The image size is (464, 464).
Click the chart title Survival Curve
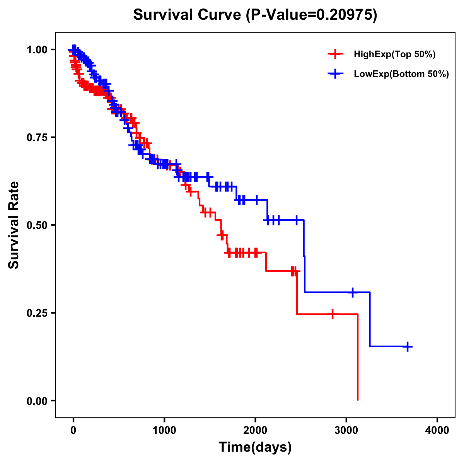(255, 15)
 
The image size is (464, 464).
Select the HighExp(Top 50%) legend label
(394, 55)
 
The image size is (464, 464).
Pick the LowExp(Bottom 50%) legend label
(401, 74)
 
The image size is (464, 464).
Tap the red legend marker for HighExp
(335, 54)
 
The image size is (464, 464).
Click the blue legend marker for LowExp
(335, 74)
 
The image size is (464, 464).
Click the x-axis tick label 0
(73, 430)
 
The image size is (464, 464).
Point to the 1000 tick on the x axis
(164, 430)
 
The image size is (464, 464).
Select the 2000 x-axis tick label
(255, 430)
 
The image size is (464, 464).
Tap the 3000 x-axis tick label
(346, 430)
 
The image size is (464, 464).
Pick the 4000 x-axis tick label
(437, 430)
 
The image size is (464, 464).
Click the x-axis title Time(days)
(255, 447)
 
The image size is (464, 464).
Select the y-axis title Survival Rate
(14, 225)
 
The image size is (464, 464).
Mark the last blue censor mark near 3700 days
(407, 346)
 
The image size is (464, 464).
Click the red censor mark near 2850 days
(332, 314)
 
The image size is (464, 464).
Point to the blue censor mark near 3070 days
(352, 292)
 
